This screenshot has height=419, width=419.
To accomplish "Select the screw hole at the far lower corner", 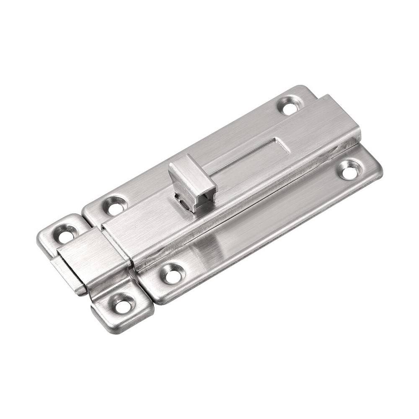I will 349,169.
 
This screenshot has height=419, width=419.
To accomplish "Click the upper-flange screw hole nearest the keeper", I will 114,205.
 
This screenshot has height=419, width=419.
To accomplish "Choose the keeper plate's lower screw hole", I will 123,303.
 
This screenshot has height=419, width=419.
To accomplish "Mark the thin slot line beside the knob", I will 235,165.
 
